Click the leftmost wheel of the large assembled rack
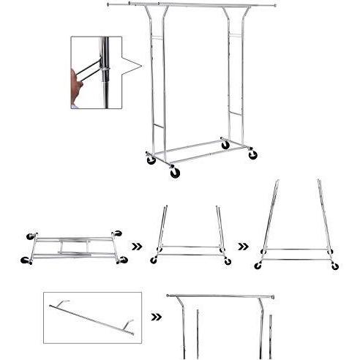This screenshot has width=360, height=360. (x=151, y=159)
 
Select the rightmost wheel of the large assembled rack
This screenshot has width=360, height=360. (x=252, y=154)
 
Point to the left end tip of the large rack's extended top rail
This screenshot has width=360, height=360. (x=108, y=4)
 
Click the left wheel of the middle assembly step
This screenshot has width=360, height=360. (x=154, y=260)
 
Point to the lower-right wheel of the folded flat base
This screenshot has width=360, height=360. (x=123, y=260)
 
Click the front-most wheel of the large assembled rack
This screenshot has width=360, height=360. (x=174, y=173)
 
